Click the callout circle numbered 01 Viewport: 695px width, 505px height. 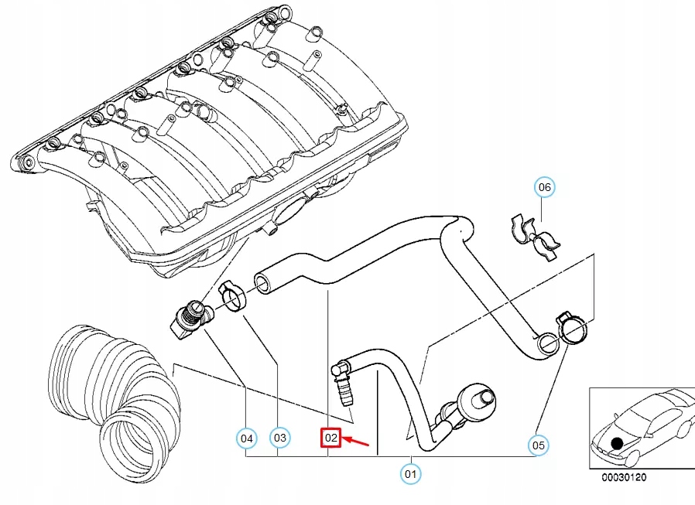[x=409, y=472]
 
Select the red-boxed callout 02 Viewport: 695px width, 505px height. [x=331, y=438]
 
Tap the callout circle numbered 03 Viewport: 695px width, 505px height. [x=279, y=438]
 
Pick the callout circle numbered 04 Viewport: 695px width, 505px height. [x=246, y=438]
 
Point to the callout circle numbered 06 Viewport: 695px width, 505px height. [x=545, y=187]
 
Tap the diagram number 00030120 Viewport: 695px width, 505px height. [x=625, y=477]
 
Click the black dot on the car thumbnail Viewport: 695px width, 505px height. [x=616, y=444]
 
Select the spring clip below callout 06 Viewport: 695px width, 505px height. [x=535, y=234]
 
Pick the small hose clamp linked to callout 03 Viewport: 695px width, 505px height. [x=231, y=298]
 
